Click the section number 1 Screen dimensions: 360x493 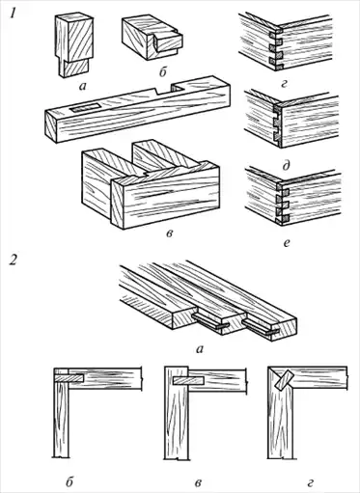[14, 14]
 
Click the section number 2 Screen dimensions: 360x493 [14, 260]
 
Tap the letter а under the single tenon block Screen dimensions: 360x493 [83, 86]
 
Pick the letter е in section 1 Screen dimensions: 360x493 [287, 243]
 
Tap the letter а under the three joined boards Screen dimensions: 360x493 [200, 348]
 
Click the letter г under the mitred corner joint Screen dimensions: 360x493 [310, 482]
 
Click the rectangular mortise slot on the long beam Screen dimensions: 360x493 [86, 108]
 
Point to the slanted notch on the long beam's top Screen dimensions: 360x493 [155, 91]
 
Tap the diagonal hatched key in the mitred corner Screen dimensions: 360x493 [283, 380]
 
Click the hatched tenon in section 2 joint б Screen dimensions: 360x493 [69, 378]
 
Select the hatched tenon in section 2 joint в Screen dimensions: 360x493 [189, 381]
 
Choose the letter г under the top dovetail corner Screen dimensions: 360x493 [284, 85]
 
